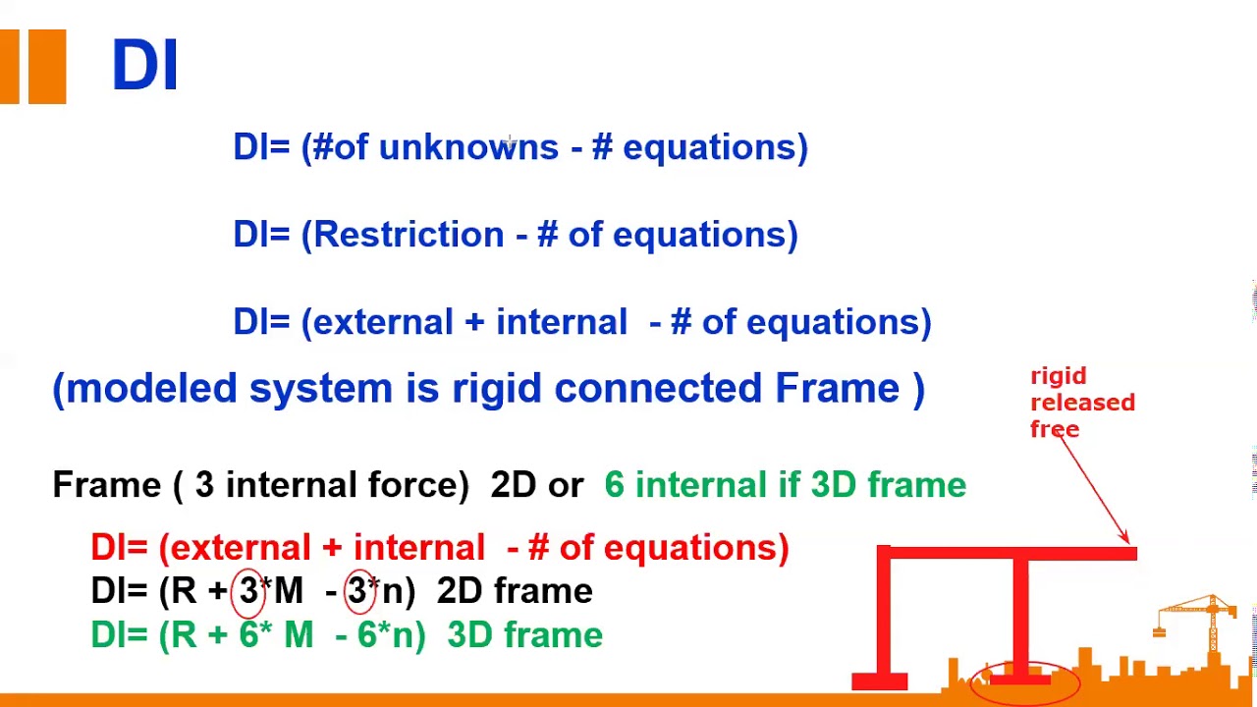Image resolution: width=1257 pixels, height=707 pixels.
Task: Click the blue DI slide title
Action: coord(144,66)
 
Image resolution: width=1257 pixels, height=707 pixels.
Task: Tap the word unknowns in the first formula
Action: coord(467,147)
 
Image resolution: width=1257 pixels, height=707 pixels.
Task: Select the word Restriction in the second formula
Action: coord(409,235)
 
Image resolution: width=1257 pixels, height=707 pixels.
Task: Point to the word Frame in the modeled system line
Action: coord(837,388)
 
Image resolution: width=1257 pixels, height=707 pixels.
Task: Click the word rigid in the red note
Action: coord(1058,376)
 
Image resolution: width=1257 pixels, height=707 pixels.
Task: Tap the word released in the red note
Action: coord(1082,403)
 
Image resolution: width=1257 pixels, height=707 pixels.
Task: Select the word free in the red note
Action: coord(1055,429)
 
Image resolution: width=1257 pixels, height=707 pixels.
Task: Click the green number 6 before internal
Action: coord(614,485)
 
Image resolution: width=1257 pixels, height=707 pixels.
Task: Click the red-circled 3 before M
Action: coord(248,591)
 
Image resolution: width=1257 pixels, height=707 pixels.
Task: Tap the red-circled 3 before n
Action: coord(357,591)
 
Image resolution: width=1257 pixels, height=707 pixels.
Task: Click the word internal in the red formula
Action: coord(418,548)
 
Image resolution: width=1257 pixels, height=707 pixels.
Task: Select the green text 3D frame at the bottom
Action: coord(524,635)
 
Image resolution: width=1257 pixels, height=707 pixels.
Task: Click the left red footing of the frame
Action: coord(879,680)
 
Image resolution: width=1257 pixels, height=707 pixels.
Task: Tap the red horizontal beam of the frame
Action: coord(1007,554)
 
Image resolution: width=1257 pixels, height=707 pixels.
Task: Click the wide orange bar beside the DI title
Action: coord(46,66)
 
